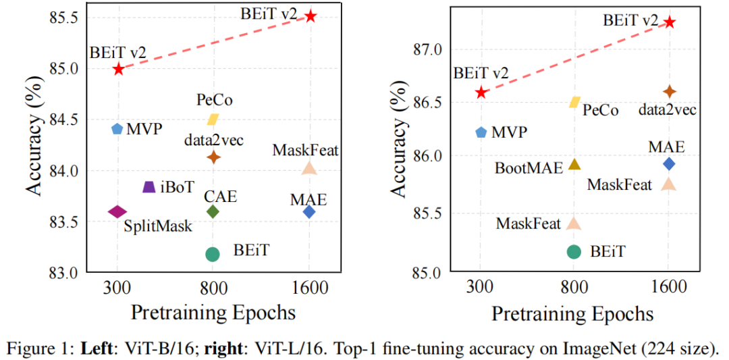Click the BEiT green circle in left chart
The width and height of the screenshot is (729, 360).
(x=213, y=254)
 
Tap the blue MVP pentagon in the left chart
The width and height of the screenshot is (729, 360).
(x=117, y=128)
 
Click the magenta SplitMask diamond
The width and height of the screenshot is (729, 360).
(x=117, y=212)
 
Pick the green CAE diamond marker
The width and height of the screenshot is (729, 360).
(x=213, y=212)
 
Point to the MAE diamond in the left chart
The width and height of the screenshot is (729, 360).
(x=309, y=212)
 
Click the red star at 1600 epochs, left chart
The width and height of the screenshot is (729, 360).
(x=310, y=16)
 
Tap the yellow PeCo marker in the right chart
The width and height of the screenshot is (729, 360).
(x=574, y=102)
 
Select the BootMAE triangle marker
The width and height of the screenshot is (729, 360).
(x=574, y=164)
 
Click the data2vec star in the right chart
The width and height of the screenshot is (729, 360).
(x=670, y=91)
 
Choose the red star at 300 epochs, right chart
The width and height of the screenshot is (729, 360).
(x=481, y=92)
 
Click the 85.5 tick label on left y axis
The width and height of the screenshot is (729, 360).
(x=61, y=16)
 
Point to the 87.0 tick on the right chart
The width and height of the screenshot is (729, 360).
(x=427, y=49)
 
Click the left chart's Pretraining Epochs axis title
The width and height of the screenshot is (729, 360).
(x=213, y=313)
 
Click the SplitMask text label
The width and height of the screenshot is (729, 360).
(x=158, y=226)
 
